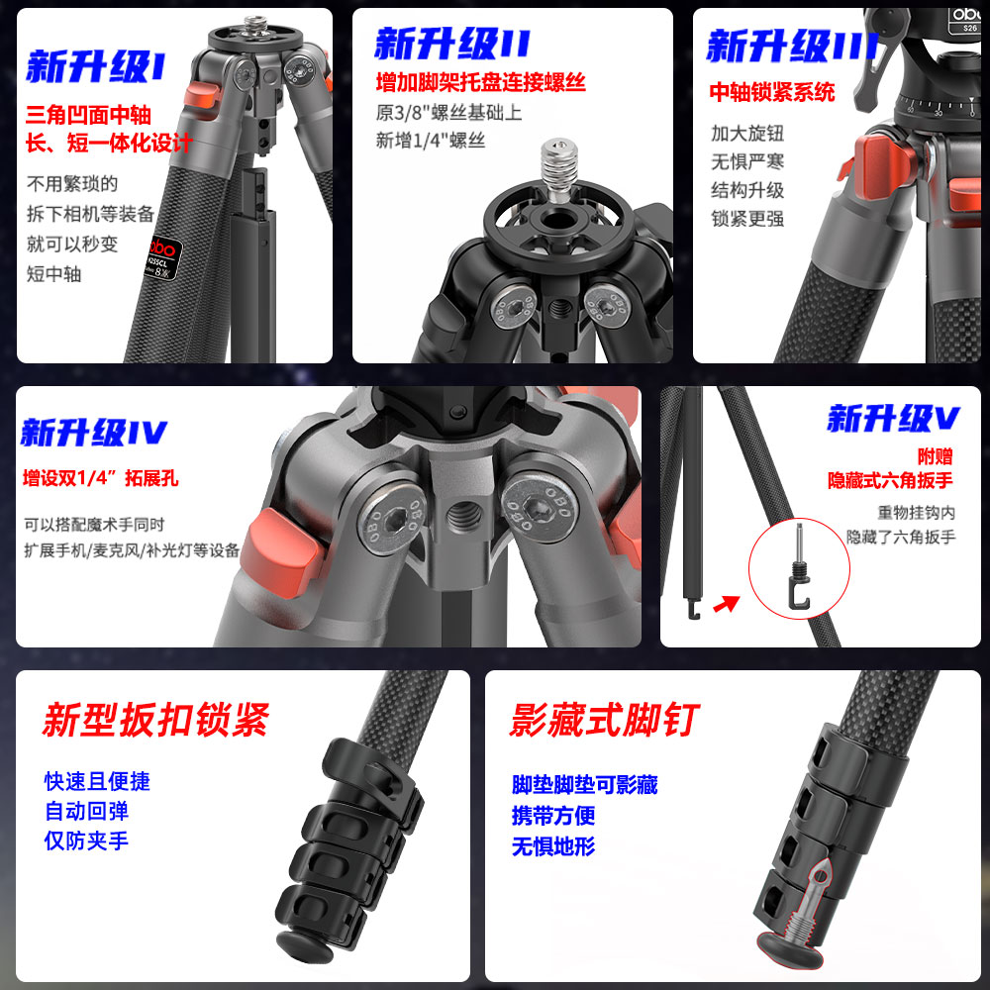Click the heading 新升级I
coord(95,67)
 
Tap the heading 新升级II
coord(452,45)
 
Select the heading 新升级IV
coord(94,433)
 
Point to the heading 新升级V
coord(893,418)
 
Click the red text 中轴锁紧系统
coord(771,92)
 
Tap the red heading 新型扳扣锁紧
coord(156,719)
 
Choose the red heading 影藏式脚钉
coord(604,719)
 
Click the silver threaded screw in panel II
coord(559,169)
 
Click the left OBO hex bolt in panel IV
coord(390,522)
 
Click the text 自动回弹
coord(86,811)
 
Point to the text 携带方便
coord(553,815)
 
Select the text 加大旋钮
coord(747,134)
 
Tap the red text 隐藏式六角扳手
coord(890,480)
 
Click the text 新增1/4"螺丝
coord(431,141)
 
